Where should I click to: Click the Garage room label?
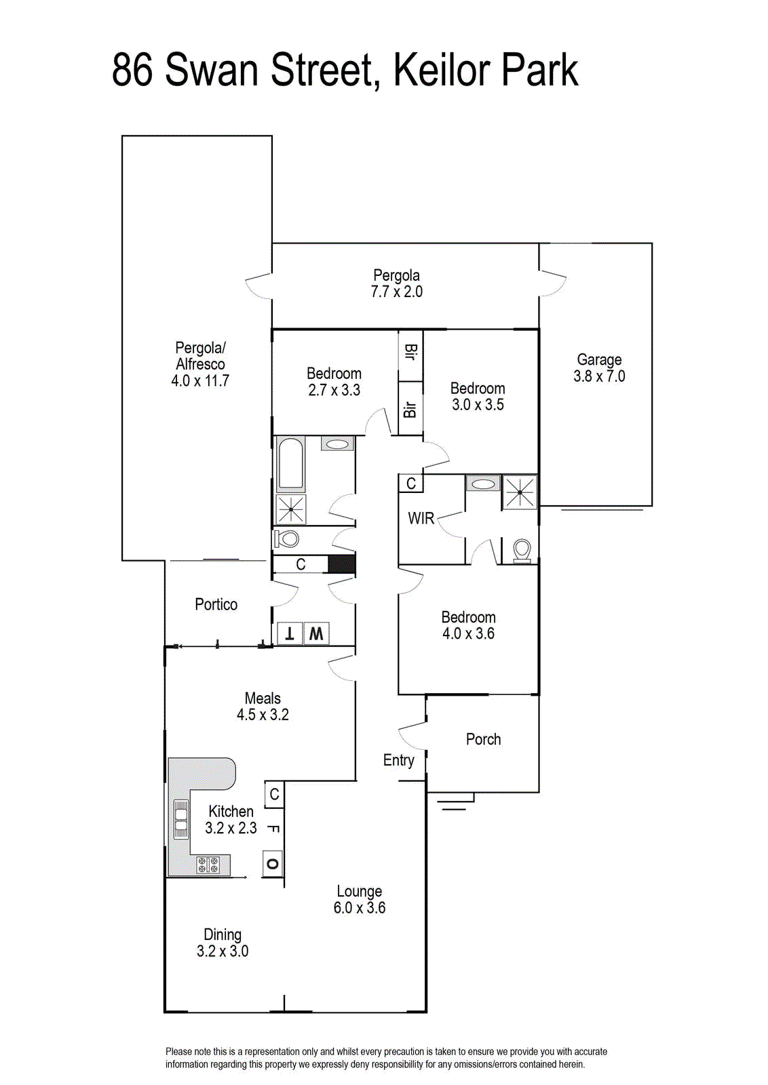click(599, 360)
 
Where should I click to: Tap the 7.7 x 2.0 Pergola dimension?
click(397, 292)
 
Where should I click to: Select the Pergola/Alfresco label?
click(200, 356)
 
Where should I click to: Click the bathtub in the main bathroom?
click(291, 463)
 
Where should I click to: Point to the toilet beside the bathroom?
click(286, 538)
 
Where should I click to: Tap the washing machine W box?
click(316, 633)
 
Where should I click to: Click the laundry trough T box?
click(289, 633)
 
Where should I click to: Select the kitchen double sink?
click(180, 819)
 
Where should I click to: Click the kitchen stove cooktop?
click(208, 864)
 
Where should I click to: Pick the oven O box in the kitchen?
click(272, 863)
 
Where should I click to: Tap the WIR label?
click(421, 518)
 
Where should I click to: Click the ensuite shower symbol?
click(520, 492)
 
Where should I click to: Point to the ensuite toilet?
click(522, 551)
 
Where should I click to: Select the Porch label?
click(483, 739)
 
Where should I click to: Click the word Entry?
click(398, 760)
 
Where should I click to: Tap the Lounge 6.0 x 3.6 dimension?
click(359, 908)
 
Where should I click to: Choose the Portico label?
click(216, 604)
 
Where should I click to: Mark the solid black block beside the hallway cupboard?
click(342, 564)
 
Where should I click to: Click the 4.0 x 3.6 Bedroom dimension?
click(468, 633)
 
